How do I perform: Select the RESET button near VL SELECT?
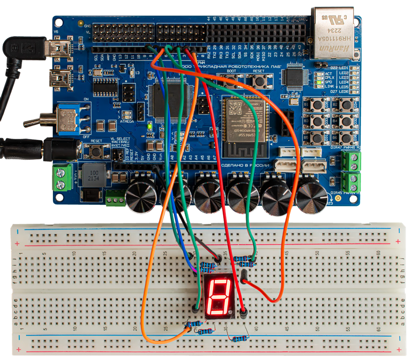click(96, 151)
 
